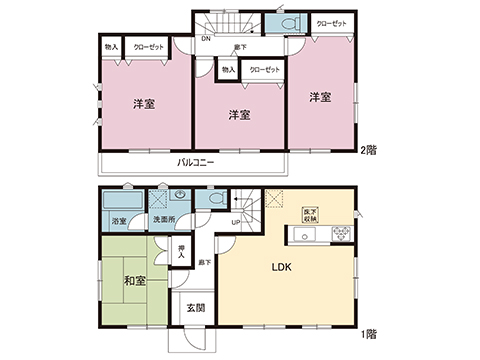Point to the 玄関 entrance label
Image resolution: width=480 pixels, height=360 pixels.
click(x=194, y=309)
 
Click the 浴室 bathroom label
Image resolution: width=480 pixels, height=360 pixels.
click(x=119, y=221)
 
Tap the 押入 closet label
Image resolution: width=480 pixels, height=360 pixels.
click(x=181, y=251)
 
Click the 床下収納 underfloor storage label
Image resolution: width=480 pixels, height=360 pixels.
click(x=309, y=215)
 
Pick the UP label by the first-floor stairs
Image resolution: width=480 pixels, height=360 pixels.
click(x=235, y=222)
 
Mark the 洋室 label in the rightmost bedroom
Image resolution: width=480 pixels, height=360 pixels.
click(x=319, y=97)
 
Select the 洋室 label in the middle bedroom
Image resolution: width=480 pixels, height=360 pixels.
click(x=238, y=114)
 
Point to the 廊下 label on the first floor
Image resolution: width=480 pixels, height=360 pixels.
click(x=204, y=261)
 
